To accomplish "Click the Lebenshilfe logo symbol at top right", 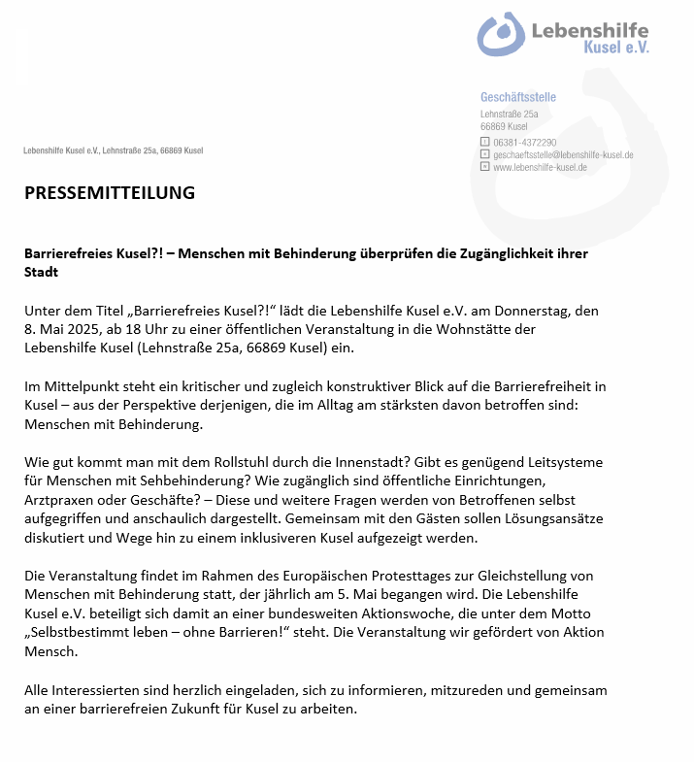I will click(x=500, y=34).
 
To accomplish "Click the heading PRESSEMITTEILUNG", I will click(x=109, y=192).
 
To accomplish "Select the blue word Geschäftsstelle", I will click(x=518, y=97).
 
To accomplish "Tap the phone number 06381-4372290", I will click(x=524, y=142).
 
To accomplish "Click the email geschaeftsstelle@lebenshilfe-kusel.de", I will click(x=563, y=154).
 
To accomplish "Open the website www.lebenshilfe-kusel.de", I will click(x=540, y=167).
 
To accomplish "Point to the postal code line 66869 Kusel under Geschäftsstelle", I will click(x=504, y=126).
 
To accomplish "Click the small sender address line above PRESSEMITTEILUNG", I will click(x=114, y=150).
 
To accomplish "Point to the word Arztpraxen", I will click(x=60, y=500).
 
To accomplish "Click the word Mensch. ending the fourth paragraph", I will click(x=51, y=651).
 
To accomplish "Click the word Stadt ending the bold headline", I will click(x=41, y=272).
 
